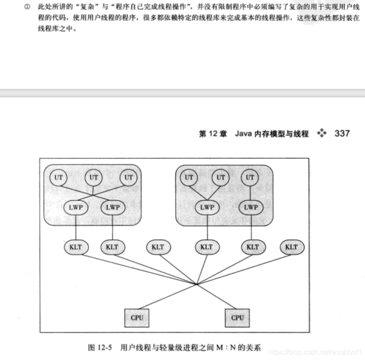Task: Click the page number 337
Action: coord(342,133)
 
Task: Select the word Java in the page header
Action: coord(244,134)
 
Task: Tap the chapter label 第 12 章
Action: coord(213,134)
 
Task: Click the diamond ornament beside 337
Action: coord(322,133)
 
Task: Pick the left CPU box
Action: coord(136,317)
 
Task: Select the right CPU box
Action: coord(237,317)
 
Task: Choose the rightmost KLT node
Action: coord(291,247)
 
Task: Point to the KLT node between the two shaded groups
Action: coord(158,247)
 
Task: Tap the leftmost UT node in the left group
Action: coord(59,177)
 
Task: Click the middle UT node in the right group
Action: coord(221,177)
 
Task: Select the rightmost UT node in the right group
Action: coord(250,177)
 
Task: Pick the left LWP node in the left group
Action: coord(76,207)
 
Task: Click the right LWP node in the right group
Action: coord(251,207)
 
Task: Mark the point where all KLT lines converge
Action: coord(197,285)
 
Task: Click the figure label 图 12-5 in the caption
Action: coord(100,347)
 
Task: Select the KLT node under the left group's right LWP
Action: coord(112,247)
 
